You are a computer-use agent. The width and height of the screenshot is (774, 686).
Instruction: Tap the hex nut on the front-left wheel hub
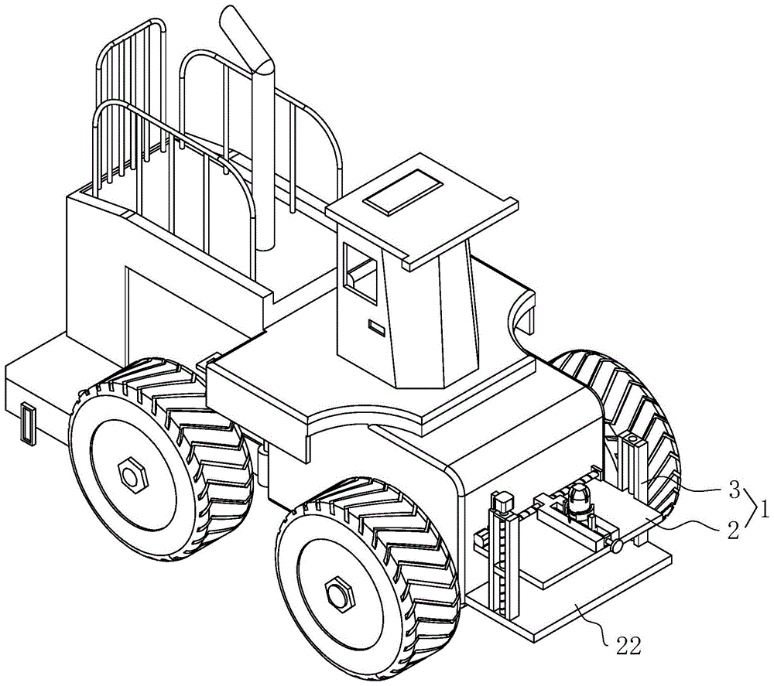point(338,592)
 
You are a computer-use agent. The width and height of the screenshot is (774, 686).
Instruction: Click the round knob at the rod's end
point(617,546)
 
